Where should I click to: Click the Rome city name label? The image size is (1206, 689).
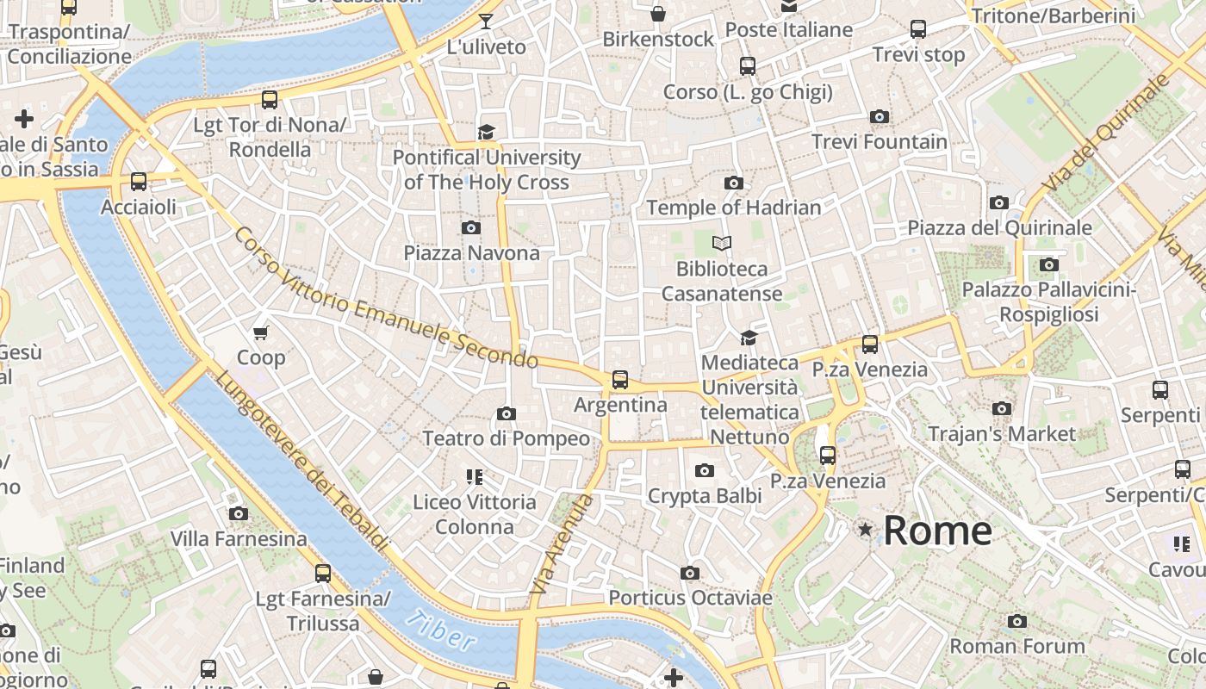937,531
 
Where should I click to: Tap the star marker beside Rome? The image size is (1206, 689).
865,530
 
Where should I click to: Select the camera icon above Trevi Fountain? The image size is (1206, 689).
880,116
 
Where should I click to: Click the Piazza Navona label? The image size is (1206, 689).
471,253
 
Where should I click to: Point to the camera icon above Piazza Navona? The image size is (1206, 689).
470,227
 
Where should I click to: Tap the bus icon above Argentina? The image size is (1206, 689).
619,379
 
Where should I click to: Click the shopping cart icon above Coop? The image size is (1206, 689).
260,332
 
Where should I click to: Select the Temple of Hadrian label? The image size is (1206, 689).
734,208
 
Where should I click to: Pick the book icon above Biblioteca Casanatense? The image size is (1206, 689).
722,244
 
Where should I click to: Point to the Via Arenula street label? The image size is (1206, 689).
563,544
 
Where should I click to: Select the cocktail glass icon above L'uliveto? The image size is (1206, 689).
486,22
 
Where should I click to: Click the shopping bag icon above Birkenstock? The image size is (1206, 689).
658,14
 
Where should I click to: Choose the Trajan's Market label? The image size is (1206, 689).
1002,433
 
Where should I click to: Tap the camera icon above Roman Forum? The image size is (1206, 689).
1017,621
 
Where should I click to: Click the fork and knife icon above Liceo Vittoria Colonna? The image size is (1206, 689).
474,476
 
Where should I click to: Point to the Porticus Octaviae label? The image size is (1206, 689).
690,598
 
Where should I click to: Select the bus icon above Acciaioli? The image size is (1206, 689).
138,182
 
